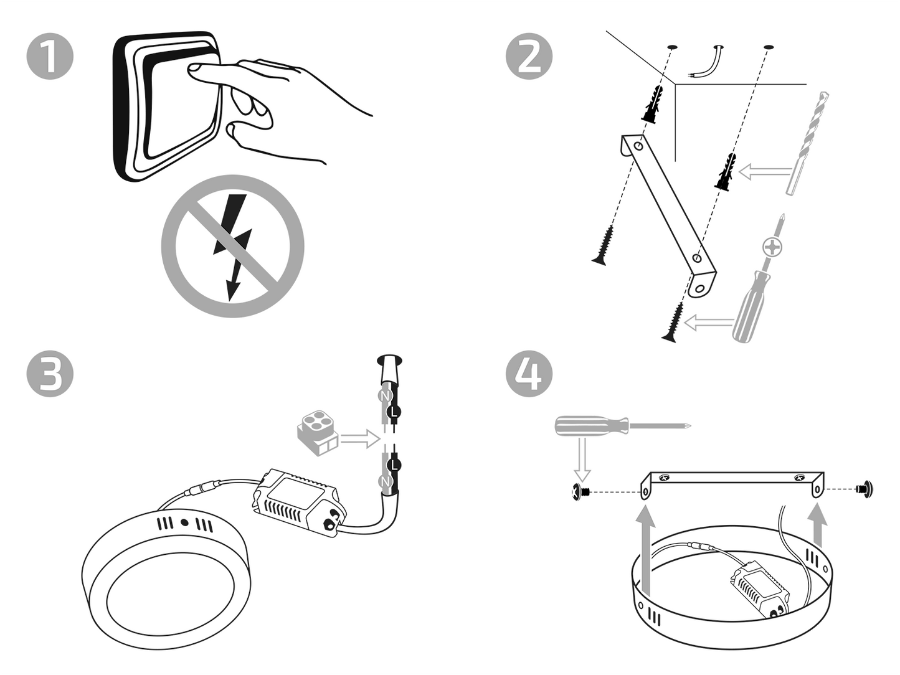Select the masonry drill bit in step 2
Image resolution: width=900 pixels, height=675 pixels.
(808, 143)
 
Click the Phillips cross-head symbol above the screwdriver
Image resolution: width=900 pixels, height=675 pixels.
(773, 248)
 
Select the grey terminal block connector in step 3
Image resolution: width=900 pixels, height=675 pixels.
(317, 433)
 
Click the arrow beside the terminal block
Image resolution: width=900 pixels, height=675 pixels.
(360, 439)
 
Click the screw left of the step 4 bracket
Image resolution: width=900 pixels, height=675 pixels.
(581, 491)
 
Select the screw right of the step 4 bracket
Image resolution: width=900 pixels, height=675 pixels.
(864, 488)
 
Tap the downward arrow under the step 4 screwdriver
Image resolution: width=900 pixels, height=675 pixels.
(582, 458)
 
